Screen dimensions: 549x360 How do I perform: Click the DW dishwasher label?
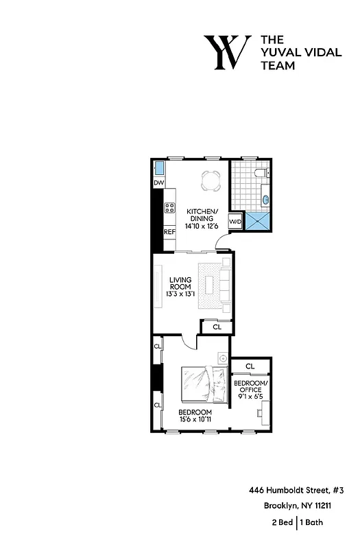click(158, 183)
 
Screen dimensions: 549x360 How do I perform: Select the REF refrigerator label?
click(169, 232)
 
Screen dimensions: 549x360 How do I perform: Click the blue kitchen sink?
click(159, 168)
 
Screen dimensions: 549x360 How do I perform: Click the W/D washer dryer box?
click(235, 222)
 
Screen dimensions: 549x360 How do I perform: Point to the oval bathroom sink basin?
click(266, 200)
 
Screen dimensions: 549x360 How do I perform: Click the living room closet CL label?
click(217, 327)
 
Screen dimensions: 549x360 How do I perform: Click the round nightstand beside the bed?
click(221, 358)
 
